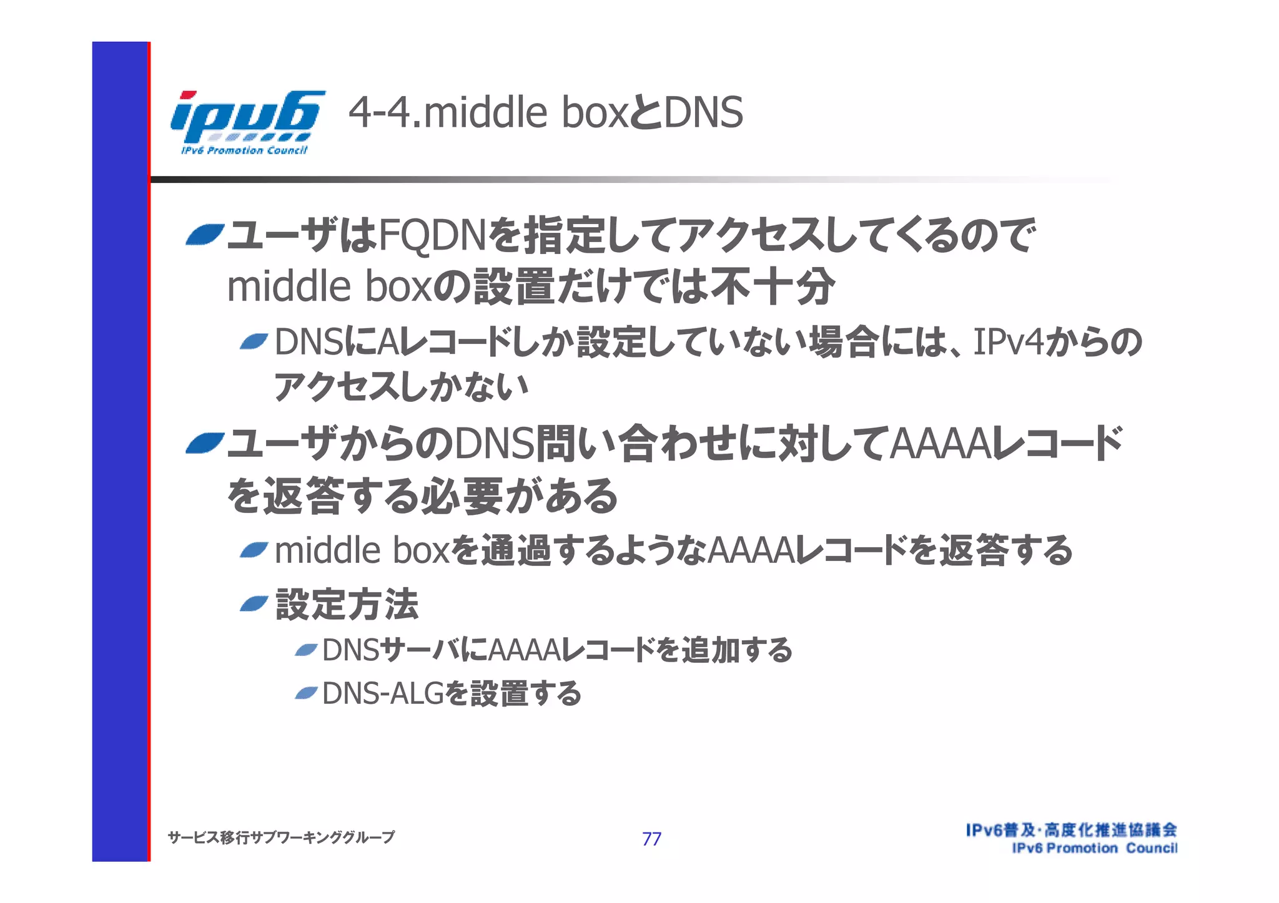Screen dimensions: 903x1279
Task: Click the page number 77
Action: [651, 839]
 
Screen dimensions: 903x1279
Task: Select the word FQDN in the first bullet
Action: [432, 235]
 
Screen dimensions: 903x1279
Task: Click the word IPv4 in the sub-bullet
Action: [1008, 342]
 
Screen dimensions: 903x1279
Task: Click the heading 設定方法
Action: [347, 604]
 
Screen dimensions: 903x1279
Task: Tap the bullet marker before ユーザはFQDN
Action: [204, 235]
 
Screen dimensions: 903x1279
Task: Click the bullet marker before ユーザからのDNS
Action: [204, 444]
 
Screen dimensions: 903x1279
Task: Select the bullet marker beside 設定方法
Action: [254, 603]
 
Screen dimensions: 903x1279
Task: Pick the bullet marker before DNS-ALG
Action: [306, 693]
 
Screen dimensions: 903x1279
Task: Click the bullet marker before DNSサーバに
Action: [306, 650]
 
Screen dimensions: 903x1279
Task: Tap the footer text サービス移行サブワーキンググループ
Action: [281, 837]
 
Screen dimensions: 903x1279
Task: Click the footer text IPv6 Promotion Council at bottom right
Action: [1094, 848]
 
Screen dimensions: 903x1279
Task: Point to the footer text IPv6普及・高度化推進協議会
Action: [1071, 830]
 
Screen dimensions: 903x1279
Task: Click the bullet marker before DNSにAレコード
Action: [254, 341]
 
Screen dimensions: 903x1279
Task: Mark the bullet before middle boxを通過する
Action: [254, 550]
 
